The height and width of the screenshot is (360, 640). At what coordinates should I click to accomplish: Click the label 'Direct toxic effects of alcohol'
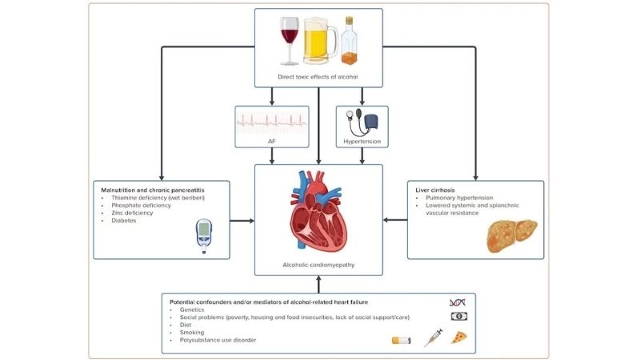click(318, 78)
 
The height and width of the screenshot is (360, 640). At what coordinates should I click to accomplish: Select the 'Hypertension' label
click(361, 142)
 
